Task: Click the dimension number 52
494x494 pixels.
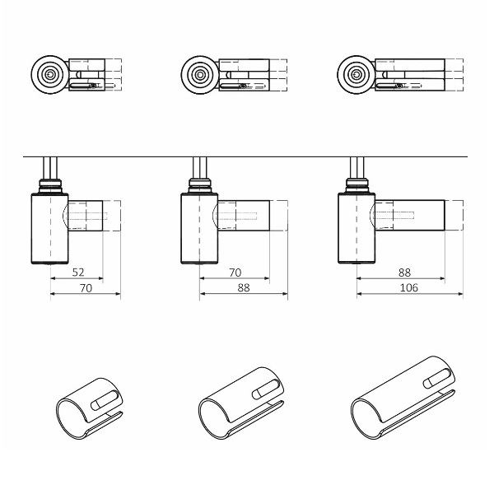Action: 78,273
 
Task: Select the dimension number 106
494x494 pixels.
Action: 408,287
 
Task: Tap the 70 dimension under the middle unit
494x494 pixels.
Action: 235,273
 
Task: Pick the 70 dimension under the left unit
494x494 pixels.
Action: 86,288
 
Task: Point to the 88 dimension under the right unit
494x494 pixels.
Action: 404,273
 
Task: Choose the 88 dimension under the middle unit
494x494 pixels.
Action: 244,287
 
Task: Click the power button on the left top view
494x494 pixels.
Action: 49,75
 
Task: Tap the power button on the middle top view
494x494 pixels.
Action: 200,75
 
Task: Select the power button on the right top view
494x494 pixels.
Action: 356,75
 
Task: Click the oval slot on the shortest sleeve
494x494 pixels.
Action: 105,400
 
